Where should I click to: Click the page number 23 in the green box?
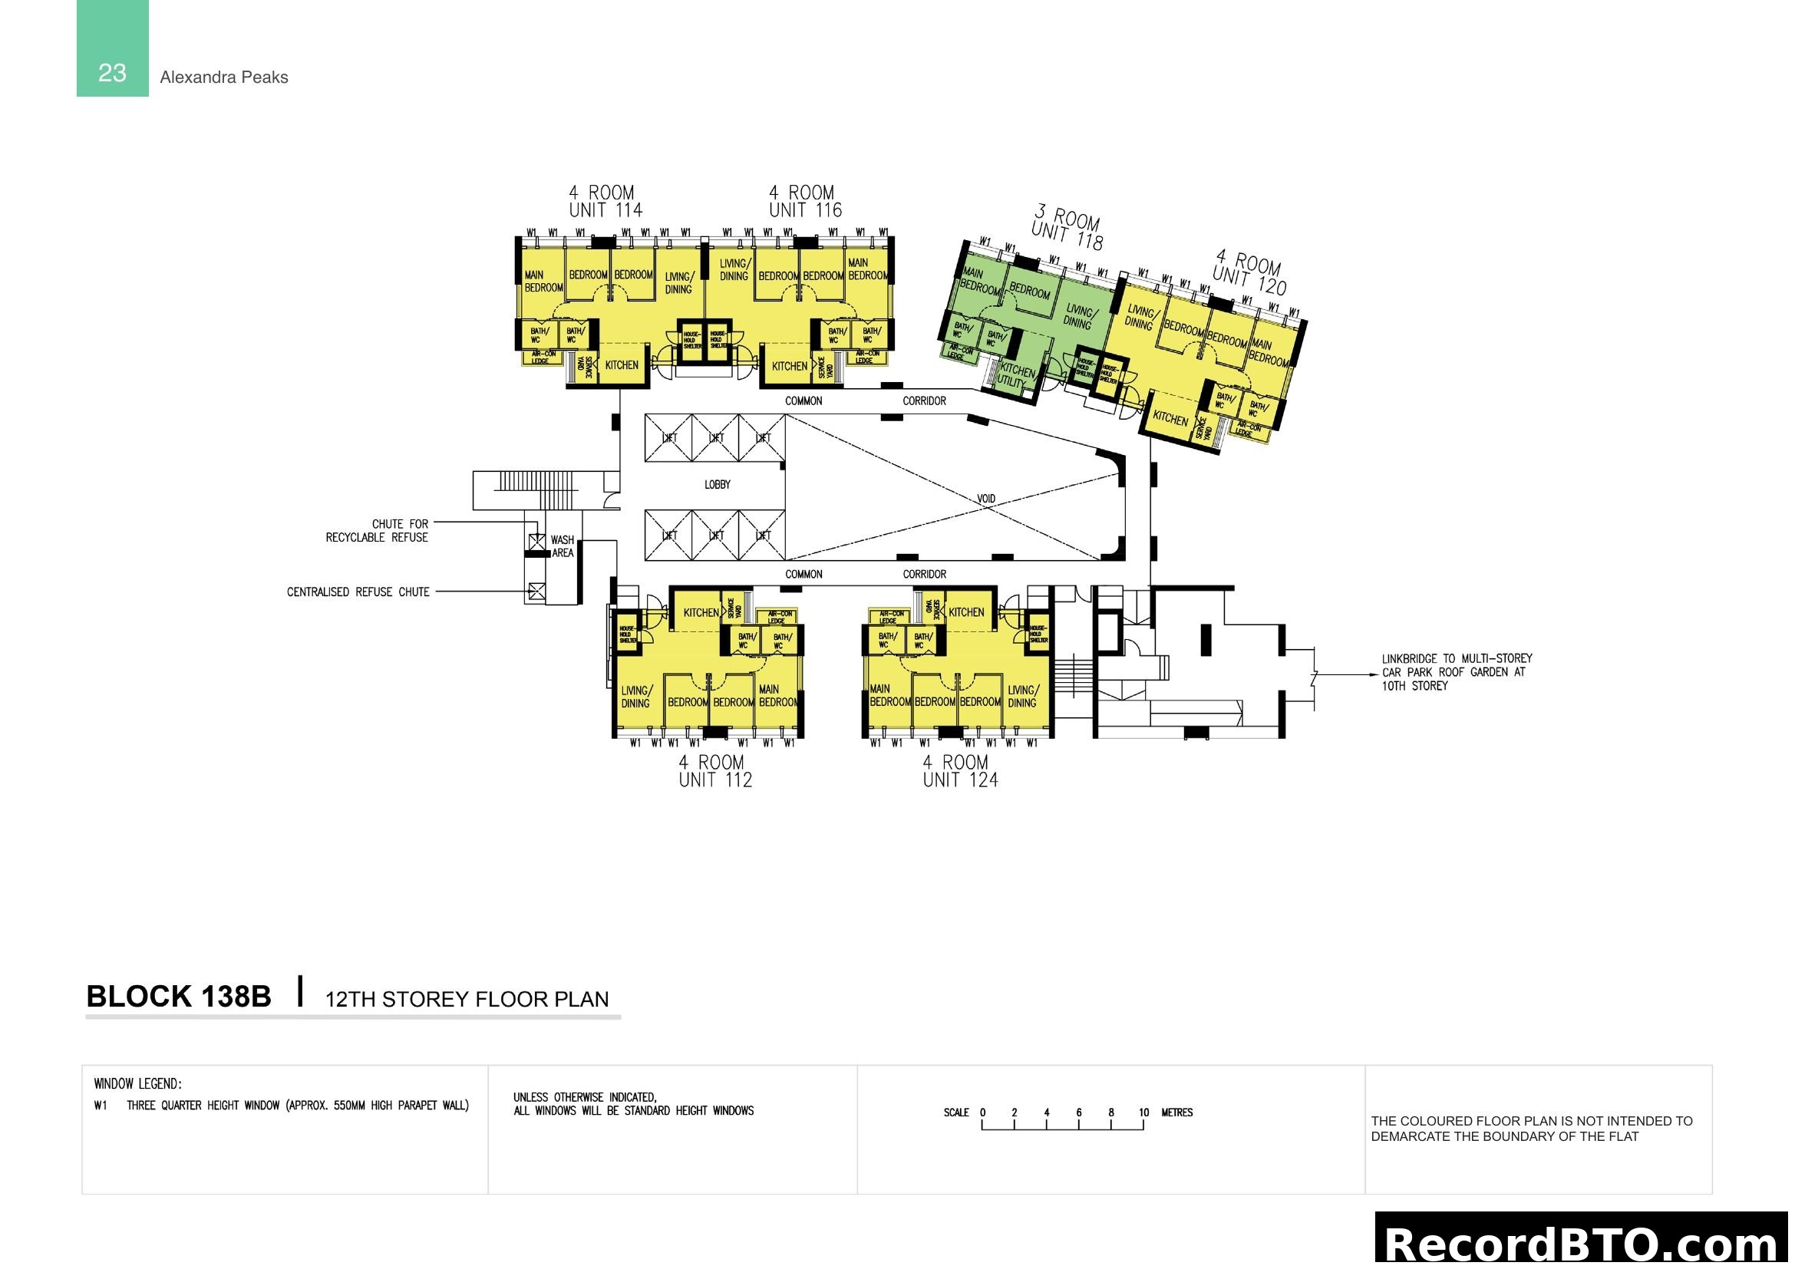point(112,73)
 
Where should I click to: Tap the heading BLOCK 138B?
point(178,997)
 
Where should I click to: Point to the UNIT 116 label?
point(805,210)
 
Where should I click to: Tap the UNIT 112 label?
point(715,780)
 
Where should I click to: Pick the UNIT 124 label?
point(960,780)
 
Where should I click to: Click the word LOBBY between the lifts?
point(717,484)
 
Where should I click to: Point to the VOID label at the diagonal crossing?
point(986,499)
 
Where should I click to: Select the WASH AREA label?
point(562,546)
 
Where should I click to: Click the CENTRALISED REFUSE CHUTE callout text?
point(358,592)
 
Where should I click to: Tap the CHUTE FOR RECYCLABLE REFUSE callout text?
point(378,531)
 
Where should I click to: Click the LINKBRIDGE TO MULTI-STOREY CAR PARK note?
point(1456,672)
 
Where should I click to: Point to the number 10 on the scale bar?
point(1143,1112)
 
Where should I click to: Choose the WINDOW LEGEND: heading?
point(137,1084)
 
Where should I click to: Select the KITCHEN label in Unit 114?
point(622,365)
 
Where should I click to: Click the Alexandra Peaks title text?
point(223,77)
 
